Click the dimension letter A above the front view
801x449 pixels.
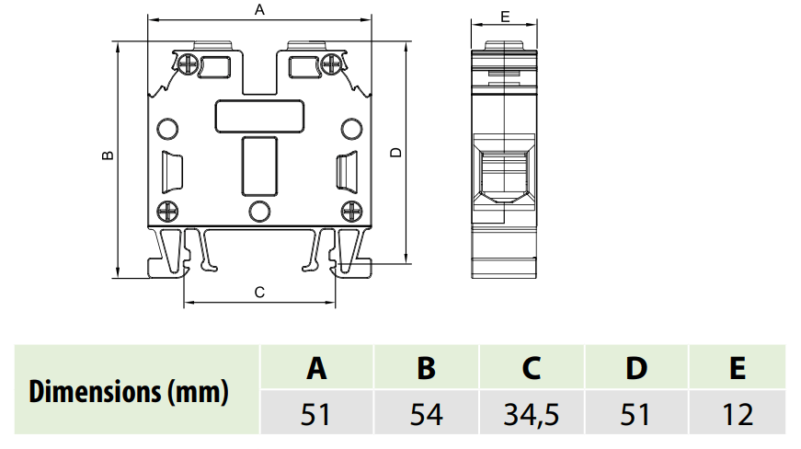coord(259,10)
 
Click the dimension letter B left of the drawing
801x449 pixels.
coord(108,155)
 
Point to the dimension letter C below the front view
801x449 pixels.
coord(259,293)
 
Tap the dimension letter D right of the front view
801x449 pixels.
coord(396,152)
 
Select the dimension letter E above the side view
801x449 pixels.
coord(505,17)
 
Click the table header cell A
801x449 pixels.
coord(316,368)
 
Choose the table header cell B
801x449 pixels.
coord(426,368)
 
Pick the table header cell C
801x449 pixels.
coord(532,368)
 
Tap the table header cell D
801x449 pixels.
coord(636,368)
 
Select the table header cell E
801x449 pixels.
coord(738,368)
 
